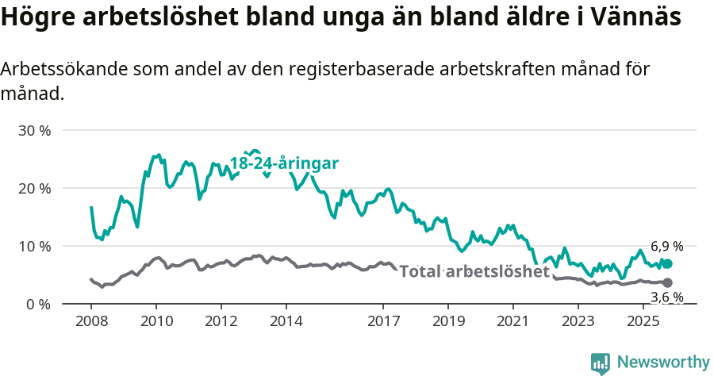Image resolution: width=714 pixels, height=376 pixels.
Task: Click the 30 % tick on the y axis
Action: click(34, 130)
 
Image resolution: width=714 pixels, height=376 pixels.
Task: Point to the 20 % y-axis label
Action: click(34, 188)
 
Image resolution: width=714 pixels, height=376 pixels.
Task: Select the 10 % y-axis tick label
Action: click(34, 246)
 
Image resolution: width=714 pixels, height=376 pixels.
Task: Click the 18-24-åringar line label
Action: click(284, 163)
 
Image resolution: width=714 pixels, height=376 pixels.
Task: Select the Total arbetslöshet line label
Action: click(474, 271)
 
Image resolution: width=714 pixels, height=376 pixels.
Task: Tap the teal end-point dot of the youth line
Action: click(667, 264)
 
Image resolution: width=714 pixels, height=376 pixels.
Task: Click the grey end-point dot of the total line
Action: click(667, 283)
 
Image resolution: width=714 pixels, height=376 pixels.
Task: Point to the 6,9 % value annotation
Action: click(666, 247)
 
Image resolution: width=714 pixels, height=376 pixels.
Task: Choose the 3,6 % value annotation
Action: click(666, 297)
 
